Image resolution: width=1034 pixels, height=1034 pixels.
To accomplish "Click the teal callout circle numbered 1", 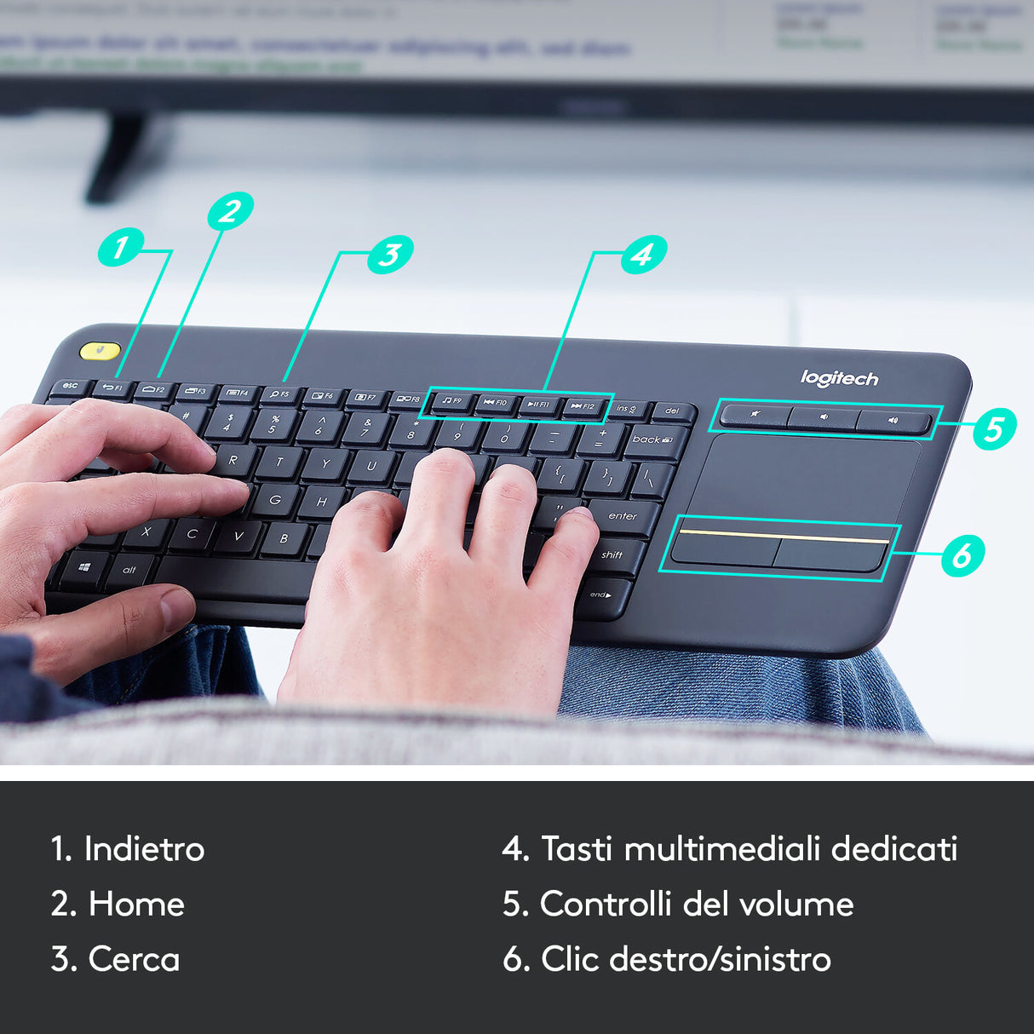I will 120,248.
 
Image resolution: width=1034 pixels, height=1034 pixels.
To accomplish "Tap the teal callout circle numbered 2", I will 230,210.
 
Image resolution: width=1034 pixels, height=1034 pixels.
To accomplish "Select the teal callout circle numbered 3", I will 390,254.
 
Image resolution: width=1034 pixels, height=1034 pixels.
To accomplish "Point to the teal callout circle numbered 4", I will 643,254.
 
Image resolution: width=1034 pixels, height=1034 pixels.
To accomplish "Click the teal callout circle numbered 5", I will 993,428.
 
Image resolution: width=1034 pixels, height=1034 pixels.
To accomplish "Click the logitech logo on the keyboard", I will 839,378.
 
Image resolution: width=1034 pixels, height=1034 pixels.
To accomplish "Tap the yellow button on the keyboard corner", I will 100,350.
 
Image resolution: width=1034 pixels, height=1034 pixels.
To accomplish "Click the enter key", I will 624,516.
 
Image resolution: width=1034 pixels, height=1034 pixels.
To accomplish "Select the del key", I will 672,412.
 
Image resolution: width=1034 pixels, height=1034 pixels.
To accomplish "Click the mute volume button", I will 755,416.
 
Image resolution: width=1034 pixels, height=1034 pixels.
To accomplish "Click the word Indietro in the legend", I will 144,849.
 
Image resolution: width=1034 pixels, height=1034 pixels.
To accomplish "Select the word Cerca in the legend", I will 134,960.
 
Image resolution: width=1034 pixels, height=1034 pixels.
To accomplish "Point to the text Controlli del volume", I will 696,905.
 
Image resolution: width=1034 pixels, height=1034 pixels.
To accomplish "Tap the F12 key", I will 583,407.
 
